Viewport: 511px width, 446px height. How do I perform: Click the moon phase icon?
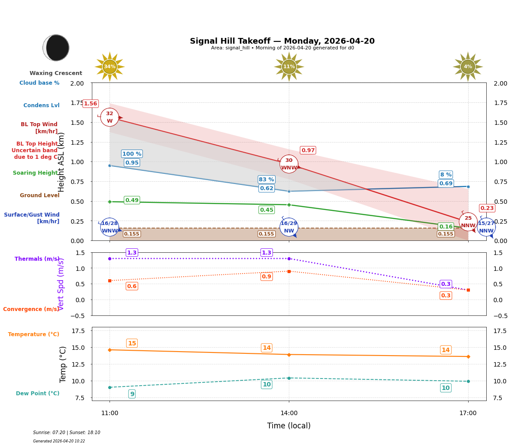click(x=56, y=48)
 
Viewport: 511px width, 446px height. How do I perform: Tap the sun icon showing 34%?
click(x=110, y=67)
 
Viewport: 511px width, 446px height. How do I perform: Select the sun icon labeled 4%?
click(x=468, y=67)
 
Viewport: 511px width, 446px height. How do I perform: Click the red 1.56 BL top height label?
click(x=91, y=104)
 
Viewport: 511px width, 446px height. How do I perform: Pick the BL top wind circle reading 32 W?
click(x=110, y=117)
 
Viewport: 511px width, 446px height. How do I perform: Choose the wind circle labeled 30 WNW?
click(x=289, y=164)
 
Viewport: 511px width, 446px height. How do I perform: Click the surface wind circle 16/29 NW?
click(x=289, y=227)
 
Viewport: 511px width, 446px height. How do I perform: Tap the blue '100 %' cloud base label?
click(x=132, y=154)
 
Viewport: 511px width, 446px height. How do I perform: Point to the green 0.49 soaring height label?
click(x=132, y=200)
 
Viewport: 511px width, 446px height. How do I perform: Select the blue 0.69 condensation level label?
click(x=446, y=184)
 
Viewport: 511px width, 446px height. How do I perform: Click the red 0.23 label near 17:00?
click(x=487, y=208)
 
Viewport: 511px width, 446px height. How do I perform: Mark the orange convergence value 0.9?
click(x=266, y=277)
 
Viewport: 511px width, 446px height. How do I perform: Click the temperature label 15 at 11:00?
click(x=132, y=343)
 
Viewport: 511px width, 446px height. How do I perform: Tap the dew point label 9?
click(x=132, y=394)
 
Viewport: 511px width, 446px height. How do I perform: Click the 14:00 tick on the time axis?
click(x=289, y=413)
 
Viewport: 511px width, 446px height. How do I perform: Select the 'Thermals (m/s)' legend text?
click(x=37, y=259)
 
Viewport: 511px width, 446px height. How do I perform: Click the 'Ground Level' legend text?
click(x=39, y=195)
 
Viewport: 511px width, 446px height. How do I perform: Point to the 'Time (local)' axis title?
click(x=289, y=426)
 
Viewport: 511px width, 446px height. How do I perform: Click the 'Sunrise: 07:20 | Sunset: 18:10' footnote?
click(x=67, y=433)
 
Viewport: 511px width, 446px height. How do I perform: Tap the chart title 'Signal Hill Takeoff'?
click(x=282, y=41)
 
